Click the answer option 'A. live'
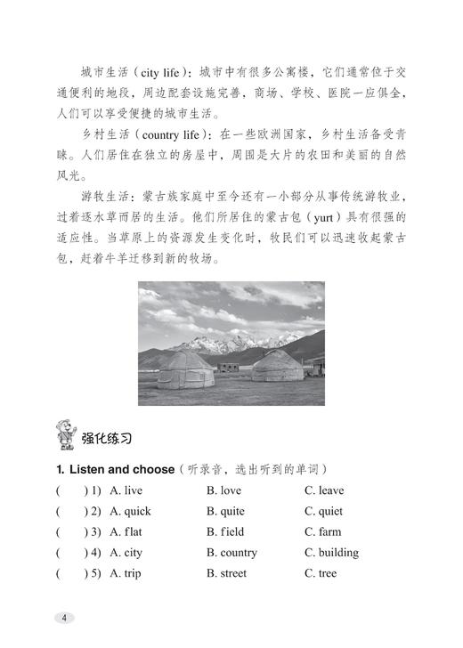tap(126, 490)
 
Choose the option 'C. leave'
tap(323, 490)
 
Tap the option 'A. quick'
tap(130, 511)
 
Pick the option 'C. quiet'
tap(323, 511)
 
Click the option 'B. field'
tap(224, 531)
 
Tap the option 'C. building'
tap(331, 552)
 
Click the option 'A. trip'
tap(126, 573)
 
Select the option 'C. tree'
tap(321, 573)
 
